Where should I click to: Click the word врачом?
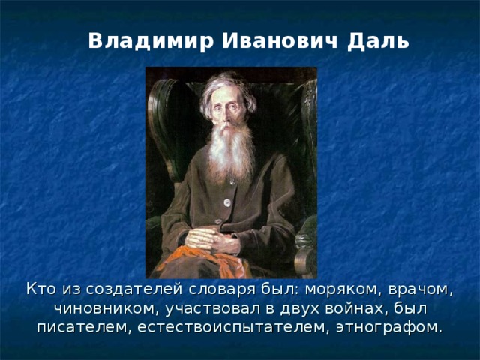pos(411,289)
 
